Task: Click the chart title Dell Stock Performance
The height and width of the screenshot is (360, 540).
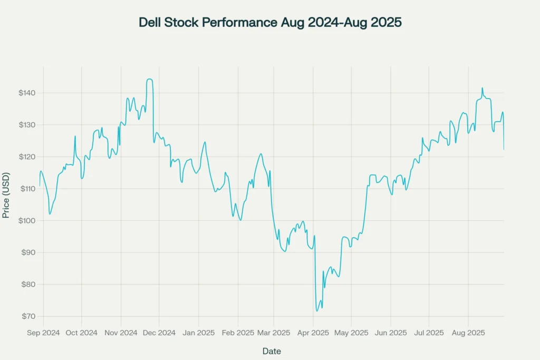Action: tap(270, 23)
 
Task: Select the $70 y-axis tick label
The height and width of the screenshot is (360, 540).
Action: tap(26, 316)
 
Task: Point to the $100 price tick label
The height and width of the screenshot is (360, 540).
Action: tap(25, 220)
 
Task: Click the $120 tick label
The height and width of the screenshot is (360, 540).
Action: tap(25, 157)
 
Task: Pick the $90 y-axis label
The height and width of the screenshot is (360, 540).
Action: tap(26, 252)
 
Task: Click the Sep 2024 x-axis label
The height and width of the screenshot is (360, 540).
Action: tap(43, 333)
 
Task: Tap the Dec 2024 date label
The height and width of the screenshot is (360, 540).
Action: tap(159, 333)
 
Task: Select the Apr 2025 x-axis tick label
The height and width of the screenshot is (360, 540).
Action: tap(313, 333)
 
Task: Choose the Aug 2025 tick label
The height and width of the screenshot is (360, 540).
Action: tap(468, 333)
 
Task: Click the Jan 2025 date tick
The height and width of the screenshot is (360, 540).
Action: tap(198, 333)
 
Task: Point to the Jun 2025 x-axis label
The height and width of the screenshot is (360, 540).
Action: tap(390, 333)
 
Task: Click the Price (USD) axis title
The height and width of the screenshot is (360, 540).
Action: tap(6, 195)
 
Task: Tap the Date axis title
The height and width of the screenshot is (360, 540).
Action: tap(272, 351)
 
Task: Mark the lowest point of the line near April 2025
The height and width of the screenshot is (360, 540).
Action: tap(317, 311)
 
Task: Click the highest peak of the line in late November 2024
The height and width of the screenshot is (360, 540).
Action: tap(150, 79)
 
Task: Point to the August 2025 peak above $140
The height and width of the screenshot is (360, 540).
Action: tap(482, 88)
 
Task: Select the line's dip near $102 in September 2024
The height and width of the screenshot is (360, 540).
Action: tap(50, 213)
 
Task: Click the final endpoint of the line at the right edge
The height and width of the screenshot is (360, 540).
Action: tap(504, 149)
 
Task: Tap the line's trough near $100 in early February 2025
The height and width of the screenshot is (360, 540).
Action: tap(240, 220)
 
